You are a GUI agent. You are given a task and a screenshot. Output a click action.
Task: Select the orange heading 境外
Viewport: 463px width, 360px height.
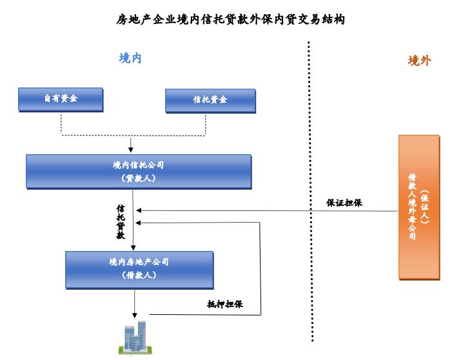point(419,61)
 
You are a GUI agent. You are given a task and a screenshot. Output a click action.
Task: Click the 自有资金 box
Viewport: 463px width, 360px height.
point(61,99)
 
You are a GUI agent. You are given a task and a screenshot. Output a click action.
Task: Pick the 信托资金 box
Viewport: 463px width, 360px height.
point(210,101)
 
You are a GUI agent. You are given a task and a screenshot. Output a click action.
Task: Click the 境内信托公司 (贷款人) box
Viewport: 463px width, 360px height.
point(138,172)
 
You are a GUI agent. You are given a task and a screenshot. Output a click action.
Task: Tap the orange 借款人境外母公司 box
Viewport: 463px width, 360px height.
point(419,208)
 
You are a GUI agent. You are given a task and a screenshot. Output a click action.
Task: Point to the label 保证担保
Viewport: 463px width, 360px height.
point(344,203)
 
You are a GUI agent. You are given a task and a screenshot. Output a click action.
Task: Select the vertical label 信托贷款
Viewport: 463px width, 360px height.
point(121,223)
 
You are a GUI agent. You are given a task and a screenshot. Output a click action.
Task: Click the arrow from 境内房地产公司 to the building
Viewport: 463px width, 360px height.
point(134,303)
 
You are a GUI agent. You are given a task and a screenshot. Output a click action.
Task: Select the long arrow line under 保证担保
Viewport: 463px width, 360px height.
point(271,210)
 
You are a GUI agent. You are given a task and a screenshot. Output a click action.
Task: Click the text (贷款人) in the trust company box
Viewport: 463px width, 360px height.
point(138,179)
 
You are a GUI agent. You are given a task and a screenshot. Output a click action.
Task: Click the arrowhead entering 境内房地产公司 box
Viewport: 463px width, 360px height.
point(133,248)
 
